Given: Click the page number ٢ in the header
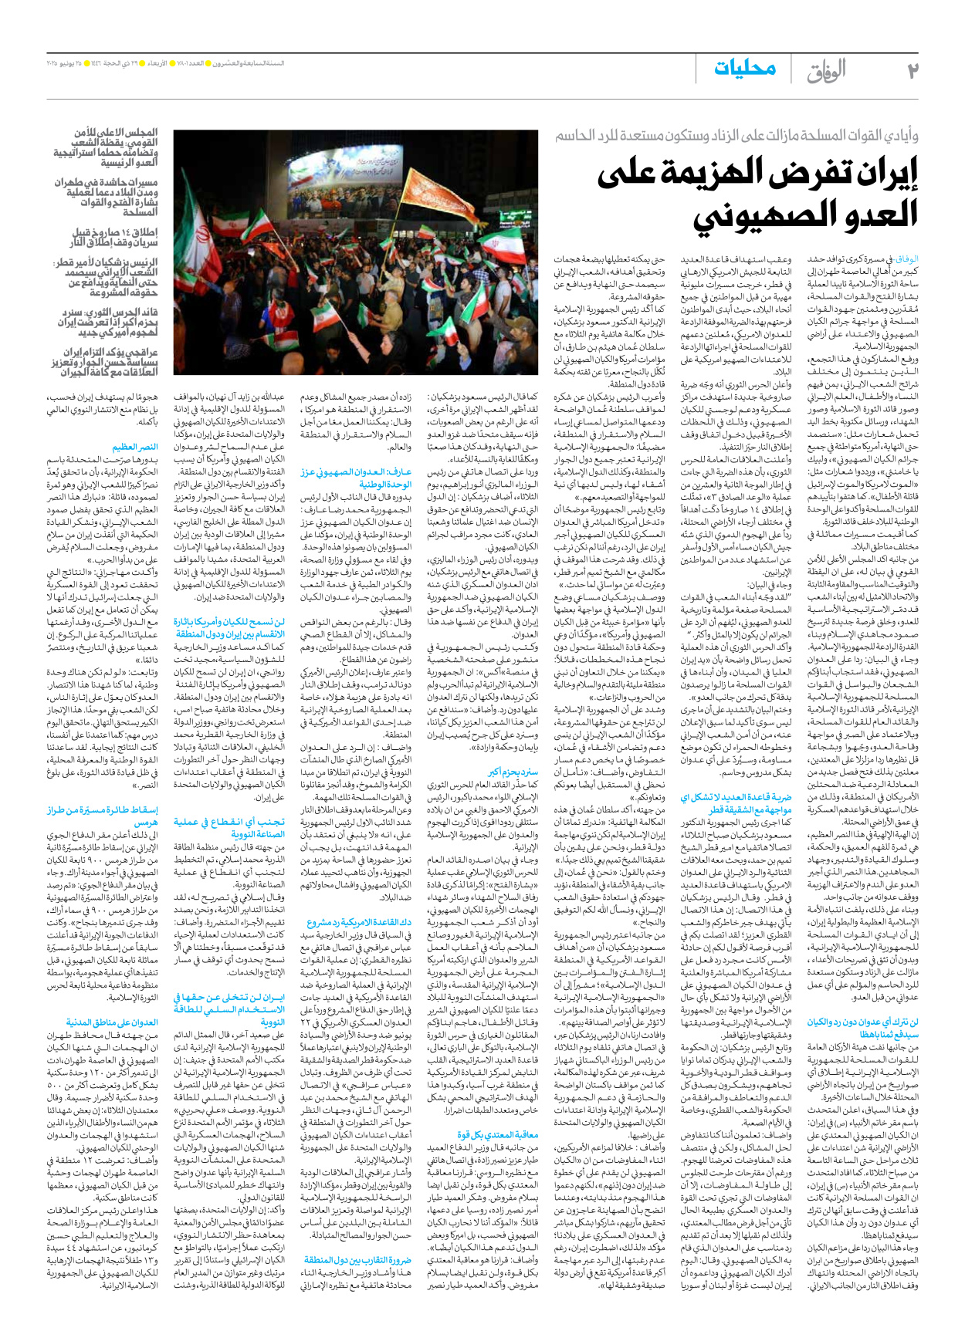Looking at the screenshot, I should tap(912, 70).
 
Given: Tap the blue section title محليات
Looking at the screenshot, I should tap(744, 69).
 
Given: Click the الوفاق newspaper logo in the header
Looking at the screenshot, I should tap(826, 71).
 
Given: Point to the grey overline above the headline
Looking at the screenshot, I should tap(736, 136).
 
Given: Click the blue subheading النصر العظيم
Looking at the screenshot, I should tap(135, 447).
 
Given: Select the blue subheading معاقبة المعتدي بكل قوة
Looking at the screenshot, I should tap(497, 1135).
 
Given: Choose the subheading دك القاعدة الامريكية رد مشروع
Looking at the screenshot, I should tap(359, 923).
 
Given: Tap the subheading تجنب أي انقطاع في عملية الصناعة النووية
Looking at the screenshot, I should tap(229, 827).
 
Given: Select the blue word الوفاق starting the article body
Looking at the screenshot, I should tap(907, 259).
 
